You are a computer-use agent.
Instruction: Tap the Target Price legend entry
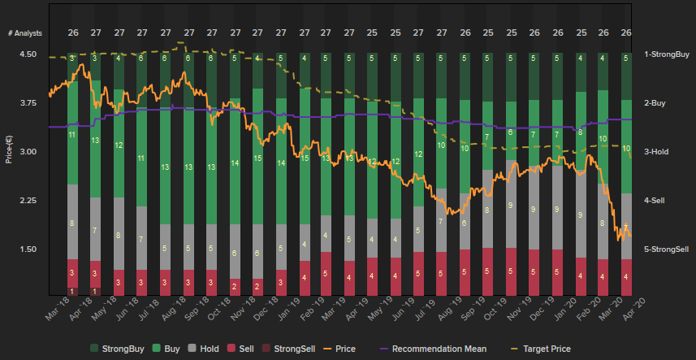click(540, 349)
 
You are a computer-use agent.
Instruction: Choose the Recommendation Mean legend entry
click(432, 349)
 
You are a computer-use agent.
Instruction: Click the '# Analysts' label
click(25, 33)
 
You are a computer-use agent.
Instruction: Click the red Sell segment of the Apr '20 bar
click(626, 276)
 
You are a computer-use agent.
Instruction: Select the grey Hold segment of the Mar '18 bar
click(72, 222)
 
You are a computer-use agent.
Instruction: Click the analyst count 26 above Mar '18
click(72, 33)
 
